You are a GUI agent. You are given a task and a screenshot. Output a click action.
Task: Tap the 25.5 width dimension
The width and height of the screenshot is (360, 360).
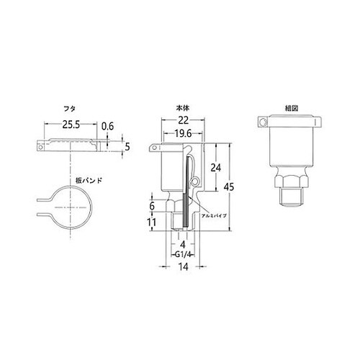(x=71, y=125)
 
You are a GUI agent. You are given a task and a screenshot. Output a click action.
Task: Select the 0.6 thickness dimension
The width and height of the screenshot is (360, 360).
(x=108, y=127)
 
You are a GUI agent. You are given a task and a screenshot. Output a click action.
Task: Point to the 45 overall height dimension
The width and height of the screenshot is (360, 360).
(x=230, y=187)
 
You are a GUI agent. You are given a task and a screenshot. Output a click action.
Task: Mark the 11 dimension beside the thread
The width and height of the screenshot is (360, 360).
(x=153, y=222)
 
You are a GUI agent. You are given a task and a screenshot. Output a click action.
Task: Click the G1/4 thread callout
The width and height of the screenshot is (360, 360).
(x=182, y=254)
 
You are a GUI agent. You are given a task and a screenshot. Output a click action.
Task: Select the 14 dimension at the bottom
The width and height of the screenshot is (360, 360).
(x=182, y=267)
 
